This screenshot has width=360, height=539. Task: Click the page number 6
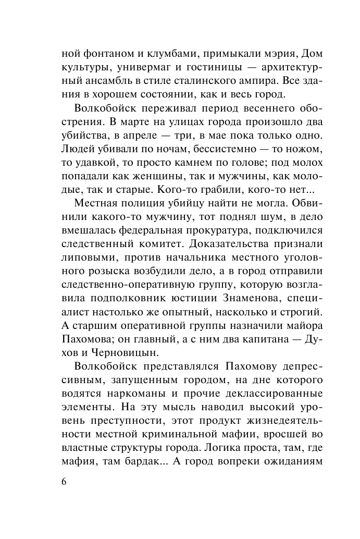pos(64,481)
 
